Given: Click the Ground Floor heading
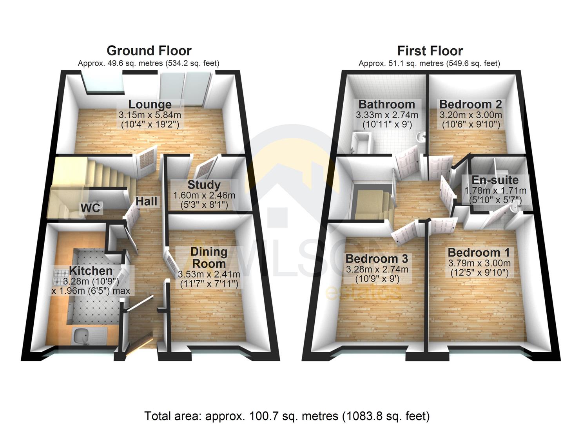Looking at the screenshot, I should pos(149,51).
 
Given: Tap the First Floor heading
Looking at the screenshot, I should pos(430,51).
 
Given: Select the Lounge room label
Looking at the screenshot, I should pos(150,104).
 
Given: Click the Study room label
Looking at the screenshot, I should pos(204,185).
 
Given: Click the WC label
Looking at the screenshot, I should pos(91,208).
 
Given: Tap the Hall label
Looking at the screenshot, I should pos(147,201).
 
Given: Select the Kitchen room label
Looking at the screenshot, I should pos(91,270).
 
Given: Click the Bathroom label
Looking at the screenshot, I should pos(386,104).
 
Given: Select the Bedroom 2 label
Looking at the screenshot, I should pos(470,104).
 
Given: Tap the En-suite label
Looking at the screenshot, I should pos(495,180).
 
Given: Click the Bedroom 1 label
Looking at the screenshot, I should pos(479,252).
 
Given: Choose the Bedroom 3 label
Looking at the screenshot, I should pos(377,259).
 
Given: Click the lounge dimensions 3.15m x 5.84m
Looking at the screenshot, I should pos(150,115).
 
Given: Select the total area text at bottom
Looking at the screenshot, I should pos(287,416).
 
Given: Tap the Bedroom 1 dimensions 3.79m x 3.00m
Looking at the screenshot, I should pos(479,263).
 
